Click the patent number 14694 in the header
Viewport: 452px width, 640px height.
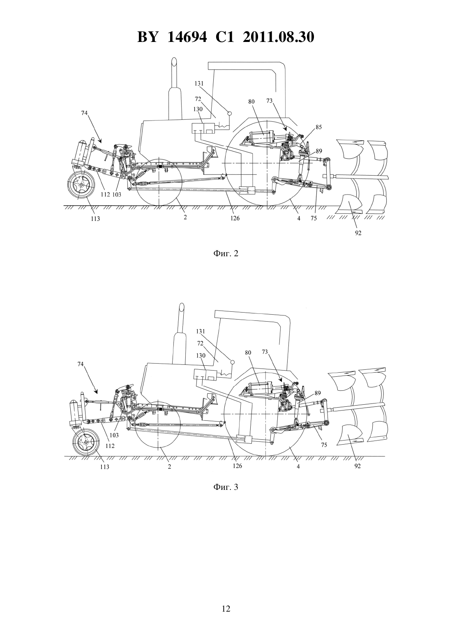[x=187, y=37]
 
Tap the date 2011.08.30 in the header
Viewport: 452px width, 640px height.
[x=278, y=37]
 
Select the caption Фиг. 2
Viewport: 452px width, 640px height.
[x=226, y=253]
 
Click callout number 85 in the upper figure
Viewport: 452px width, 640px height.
[x=318, y=127]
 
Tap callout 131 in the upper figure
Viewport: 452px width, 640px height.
[x=199, y=83]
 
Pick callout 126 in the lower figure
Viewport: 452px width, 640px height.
[x=237, y=466]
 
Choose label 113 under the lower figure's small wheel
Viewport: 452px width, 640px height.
[x=105, y=467]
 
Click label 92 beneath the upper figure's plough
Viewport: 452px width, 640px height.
[x=358, y=233]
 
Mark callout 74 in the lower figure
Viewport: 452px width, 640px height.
[x=81, y=364]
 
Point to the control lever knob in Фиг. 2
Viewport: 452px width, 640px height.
[x=228, y=113]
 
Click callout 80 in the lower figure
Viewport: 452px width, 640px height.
[x=248, y=352]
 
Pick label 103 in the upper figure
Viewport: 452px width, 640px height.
[x=117, y=195]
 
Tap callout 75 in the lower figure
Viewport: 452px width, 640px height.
[x=324, y=445]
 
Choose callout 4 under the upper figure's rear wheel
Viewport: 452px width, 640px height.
[x=298, y=218]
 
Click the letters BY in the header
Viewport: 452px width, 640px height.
[x=148, y=37]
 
